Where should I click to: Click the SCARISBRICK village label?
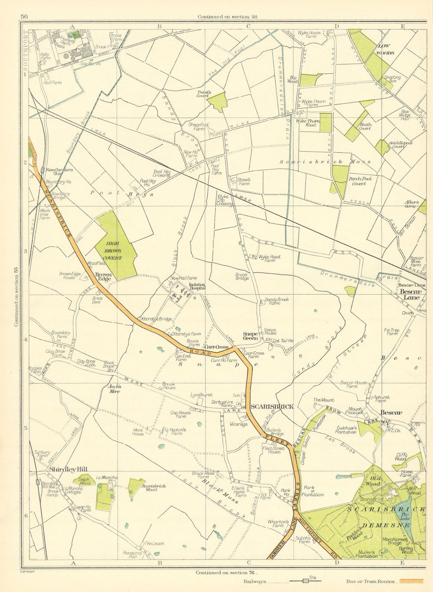(x=272, y=407)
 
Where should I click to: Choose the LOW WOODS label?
(x=385, y=49)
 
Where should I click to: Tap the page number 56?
(x=24, y=17)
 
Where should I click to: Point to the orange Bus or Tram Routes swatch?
(x=411, y=581)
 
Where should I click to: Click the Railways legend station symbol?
(x=306, y=581)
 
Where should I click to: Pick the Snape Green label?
(x=250, y=336)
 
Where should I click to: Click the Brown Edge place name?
(x=103, y=276)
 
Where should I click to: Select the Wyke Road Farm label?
(x=269, y=259)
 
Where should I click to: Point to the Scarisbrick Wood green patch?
(x=136, y=487)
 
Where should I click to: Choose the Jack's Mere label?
(x=114, y=388)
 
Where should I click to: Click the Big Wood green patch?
(x=310, y=80)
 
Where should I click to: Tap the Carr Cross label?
(x=216, y=347)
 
